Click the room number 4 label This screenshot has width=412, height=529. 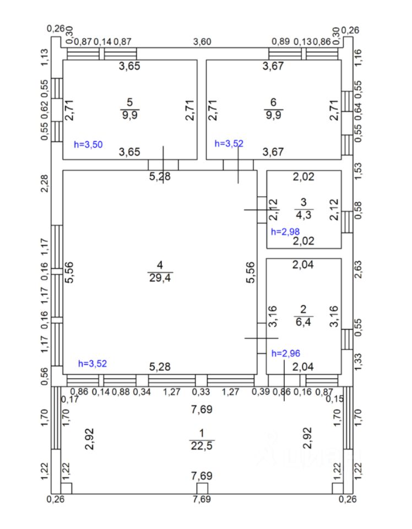coord(160,265)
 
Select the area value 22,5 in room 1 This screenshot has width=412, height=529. coord(202,445)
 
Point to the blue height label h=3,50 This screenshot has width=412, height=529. coord(88,144)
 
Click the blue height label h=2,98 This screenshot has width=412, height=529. coord(284,231)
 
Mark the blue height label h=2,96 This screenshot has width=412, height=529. coord(285,353)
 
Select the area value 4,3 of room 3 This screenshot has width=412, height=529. coord(303,215)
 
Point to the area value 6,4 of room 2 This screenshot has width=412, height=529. coord(303,322)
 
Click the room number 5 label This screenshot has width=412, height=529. coord(130,102)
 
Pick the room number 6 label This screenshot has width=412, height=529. coord(273,102)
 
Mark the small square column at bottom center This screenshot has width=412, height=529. coord(202,488)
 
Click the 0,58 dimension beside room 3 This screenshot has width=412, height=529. coord(359,211)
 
